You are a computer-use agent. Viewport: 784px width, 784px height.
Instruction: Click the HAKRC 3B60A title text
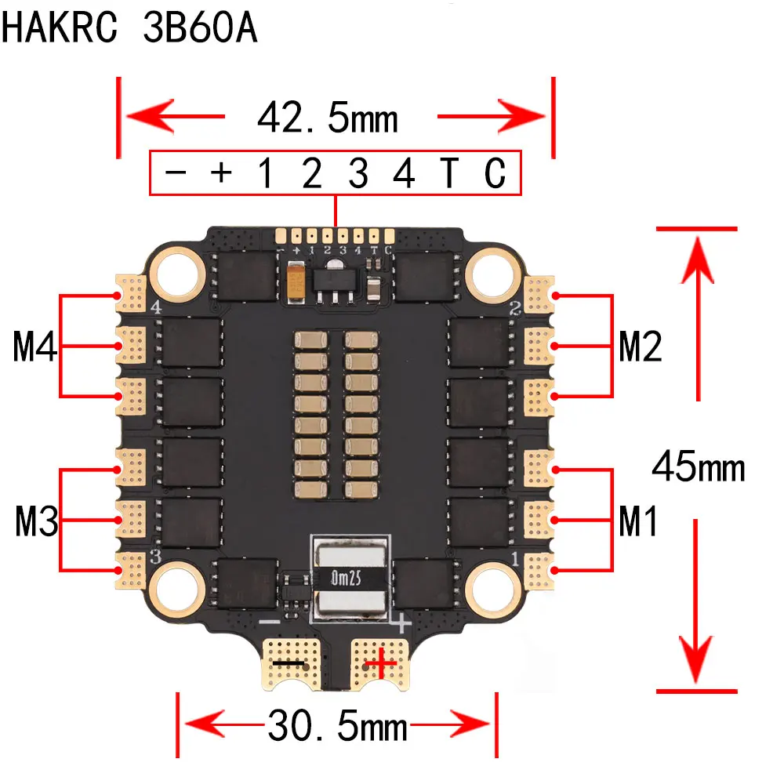[129, 29]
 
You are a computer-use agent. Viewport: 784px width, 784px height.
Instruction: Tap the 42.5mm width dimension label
[328, 118]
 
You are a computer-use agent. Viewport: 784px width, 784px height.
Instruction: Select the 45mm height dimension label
[698, 468]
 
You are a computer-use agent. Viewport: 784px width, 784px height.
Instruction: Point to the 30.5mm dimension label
[338, 726]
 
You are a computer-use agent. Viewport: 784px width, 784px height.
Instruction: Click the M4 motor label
[36, 347]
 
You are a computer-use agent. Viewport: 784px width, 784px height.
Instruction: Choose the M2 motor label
[640, 347]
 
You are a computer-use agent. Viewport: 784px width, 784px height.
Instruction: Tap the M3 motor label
[36, 522]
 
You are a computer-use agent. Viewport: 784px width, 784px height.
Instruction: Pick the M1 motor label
[638, 522]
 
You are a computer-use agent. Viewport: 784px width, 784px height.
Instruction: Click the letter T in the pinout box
[448, 174]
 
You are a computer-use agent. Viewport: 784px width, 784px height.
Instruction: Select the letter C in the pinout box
[495, 174]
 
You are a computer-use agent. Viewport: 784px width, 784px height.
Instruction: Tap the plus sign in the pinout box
[221, 172]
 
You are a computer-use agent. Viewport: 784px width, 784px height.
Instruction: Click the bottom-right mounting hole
[491, 586]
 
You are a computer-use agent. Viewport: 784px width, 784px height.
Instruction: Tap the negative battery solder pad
[290, 663]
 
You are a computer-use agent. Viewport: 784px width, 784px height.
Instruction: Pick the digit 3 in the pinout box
[358, 174]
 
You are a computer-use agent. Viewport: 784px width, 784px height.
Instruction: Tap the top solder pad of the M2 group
[539, 294]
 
